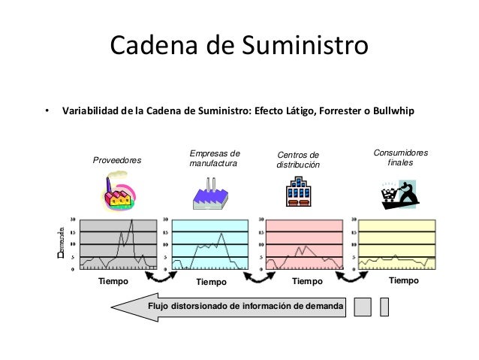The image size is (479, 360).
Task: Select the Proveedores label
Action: pos(116,161)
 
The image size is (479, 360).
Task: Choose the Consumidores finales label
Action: pos(400,158)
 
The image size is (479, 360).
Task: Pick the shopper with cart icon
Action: pos(397,193)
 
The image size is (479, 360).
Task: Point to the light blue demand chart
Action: pos(210,244)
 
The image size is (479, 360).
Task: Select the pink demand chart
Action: pos(306,244)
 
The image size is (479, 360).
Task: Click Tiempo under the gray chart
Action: pos(114,282)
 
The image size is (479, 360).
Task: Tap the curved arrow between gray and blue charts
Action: pos(160,278)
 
